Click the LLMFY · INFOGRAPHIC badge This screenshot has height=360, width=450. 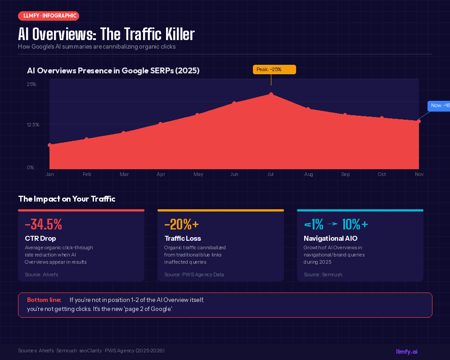pyautogui.click(x=49, y=16)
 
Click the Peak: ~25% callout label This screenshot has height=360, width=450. pyautogui.click(x=274, y=69)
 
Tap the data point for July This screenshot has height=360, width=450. pyautogui.click(x=271, y=94)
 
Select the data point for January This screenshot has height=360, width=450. pyautogui.click(x=49, y=145)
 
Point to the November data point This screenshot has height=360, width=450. pyautogui.click(x=419, y=121)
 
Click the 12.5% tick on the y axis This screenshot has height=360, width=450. pyautogui.click(x=33, y=125)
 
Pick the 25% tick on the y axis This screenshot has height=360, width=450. pyautogui.click(x=31, y=84)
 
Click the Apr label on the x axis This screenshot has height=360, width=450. pyautogui.click(x=161, y=174)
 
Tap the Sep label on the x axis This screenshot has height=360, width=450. pyautogui.click(x=345, y=174)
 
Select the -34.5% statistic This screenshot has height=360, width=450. pyautogui.click(x=43, y=224)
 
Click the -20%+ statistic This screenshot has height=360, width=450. pyautogui.click(x=181, y=224)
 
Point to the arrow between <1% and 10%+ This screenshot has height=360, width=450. pyautogui.click(x=332, y=224)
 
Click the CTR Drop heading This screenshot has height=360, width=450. pyautogui.click(x=40, y=238)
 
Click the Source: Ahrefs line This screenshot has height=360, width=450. pyautogui.click(x=41, y=274)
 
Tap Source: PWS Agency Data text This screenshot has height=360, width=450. pyautogui.click(x=194, y=274)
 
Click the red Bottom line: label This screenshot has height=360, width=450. pyautogui.click(x=44, y=300)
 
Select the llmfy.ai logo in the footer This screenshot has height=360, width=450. pyautogui.click(x=406, y=351)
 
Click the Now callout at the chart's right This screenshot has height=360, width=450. pyautogui.click(x=438, y=106)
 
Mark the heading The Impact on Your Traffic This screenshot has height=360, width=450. pyautogui.click(x=67, y=199)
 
